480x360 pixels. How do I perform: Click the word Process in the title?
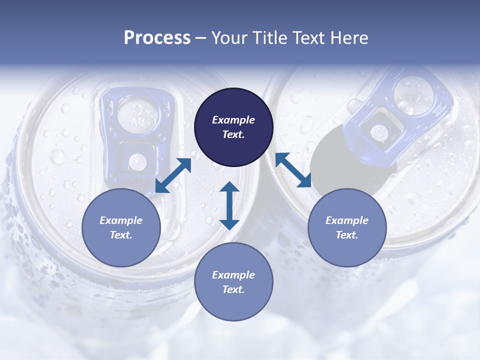(x=157, y=38)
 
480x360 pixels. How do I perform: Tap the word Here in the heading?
(x=349, y=38)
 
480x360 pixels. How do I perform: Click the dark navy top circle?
(x=233, y=127)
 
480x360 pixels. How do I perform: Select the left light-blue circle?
(x=121, y=227)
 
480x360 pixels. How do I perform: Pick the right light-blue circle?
(x=347, y=227)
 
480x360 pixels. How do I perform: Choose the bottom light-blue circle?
(x=233, y=282)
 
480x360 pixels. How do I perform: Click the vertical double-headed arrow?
(x=229, y=205)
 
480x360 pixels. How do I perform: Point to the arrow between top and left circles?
(x=173, y=175)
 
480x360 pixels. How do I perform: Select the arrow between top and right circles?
(x=293, y=170)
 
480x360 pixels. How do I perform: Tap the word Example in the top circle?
(x=233, y=119)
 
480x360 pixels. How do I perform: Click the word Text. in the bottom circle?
(x=233, y=289)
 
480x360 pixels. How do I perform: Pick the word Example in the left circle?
(x=121, y=220)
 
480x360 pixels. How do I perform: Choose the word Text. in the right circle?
(x=347, y=235)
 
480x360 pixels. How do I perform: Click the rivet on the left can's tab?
(x=137, y=162)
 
